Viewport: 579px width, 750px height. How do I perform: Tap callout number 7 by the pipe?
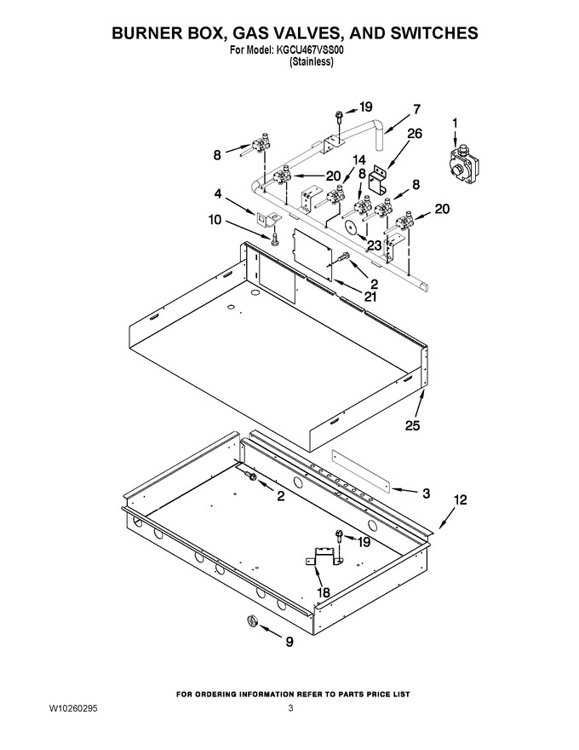click(x=416, y=110)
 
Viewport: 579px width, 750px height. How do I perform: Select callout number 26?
click(x=414, y=134)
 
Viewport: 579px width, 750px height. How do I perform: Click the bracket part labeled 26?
click(x=381, y=181)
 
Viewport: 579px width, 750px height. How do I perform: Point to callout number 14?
click(x=358, y=160)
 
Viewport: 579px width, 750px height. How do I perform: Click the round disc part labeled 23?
click(x=352, y=228)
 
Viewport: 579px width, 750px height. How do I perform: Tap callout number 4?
click(x=218, y=194)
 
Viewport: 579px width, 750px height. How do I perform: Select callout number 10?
click(x=215, y=220)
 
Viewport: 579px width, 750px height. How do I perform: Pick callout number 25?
click(x=412, y=425)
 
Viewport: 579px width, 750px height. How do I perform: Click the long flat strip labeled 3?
click(x=362, y=470)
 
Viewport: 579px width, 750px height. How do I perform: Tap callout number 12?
click(x=461, y=499)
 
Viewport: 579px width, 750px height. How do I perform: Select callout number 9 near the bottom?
click(x=289, y=642)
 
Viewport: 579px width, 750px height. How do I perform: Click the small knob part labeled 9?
click(x=252, y=621)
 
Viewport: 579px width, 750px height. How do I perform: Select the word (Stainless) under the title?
click(x=311, y=61)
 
